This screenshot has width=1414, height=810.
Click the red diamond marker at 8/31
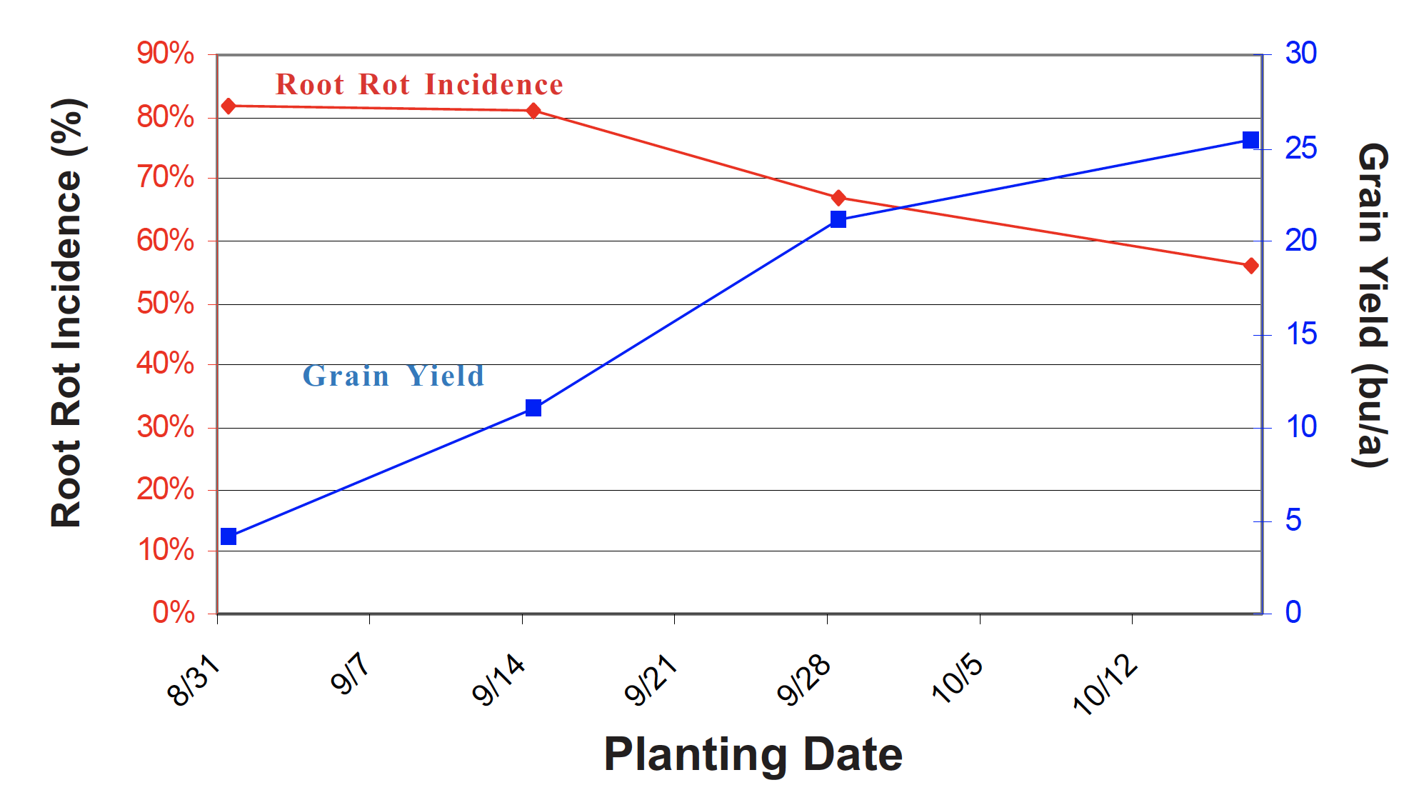click(x=229, y=106)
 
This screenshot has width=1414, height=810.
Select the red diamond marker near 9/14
click(x=533, y=111)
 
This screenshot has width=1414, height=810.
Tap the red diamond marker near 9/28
click(x=838, y=198)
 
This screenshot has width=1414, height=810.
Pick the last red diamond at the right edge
click(x=1250, y=266)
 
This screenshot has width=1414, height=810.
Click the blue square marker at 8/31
click(x=229, y=536)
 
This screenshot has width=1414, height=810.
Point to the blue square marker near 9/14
click(x=533, y=408)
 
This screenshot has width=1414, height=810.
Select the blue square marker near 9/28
click(x=838, y=219)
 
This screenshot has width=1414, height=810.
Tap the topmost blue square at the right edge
click(x=1250, y=140)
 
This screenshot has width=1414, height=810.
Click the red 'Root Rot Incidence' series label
click(x=419, y=85)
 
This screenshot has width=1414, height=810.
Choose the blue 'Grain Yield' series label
click(x=393, y=376)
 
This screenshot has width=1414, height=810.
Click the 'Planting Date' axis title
click(x=753, y=754)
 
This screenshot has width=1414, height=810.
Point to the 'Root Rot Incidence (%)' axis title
click(x=68, y=313)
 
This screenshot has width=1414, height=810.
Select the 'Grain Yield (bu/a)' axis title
click(x=1372, y=305)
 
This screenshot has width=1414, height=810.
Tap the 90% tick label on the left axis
click(x=166, y=54)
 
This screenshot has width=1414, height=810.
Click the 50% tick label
click(x=166, y=304)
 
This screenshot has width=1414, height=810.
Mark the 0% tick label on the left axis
click(x=174, y=613)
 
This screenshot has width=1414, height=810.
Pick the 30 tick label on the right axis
click(x=1300, y=54)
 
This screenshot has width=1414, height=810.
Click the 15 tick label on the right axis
click(x=1300, y=334)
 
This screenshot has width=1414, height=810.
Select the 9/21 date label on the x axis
click(x=651, y=682)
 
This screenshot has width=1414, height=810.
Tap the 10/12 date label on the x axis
click(x=1105, y=684)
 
